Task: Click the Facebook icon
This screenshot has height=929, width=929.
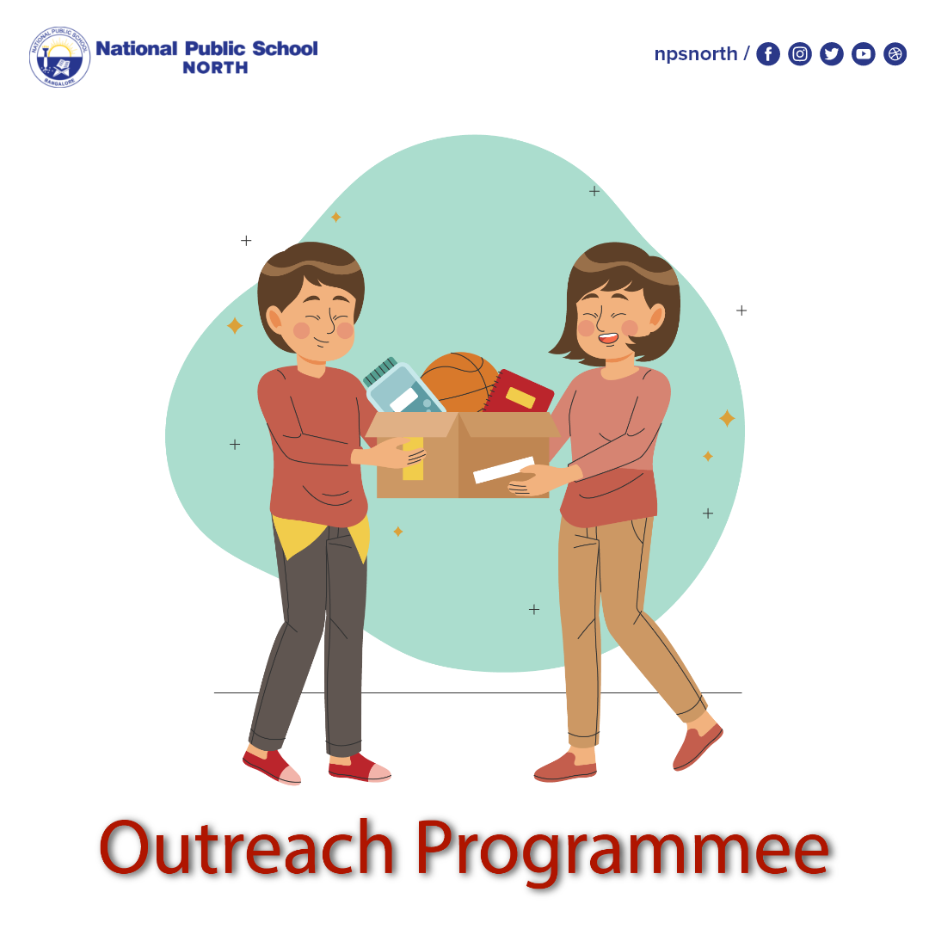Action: (x=768, y=54)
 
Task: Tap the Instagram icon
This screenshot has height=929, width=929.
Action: (x=800, y=54)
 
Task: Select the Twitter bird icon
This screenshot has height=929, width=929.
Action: (x=832, y=54)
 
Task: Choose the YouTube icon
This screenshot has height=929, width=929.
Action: (x=864, y=54)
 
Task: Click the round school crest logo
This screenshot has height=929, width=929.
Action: (x=59, y=57)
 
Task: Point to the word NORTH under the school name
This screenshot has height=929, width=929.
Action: (x=215, y=68)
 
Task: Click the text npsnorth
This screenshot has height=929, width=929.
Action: (x=696, y=54)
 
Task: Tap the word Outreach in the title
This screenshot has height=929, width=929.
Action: (x=247, y=848)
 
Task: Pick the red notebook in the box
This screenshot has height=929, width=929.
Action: (x=519, y=392)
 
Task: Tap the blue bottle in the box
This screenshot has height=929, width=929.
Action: (x=402, y=389)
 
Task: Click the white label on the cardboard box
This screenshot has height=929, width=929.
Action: (x=503, y=470)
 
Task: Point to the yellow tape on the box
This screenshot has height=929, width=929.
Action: (x=413, y=459)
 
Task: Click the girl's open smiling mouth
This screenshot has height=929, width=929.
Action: (x=608, y=339)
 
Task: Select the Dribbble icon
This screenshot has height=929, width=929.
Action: (x=895, y=54)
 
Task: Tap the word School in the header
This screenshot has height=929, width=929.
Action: (x=285, y=48)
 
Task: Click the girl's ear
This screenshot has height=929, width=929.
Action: (x=656, y=317)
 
